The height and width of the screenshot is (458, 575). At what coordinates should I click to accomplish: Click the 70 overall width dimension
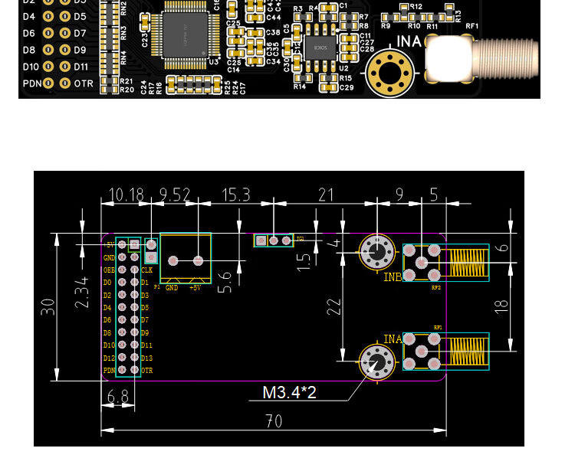click(x=274, y=421)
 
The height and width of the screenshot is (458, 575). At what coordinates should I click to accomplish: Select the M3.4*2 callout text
click(x=289, y=393)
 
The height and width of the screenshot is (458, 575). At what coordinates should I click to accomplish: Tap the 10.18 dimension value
click(x=127, y=195)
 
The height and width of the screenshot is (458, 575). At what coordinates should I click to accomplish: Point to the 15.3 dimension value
click(x=235, y=195)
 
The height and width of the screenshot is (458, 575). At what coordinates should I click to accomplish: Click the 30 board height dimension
click(x=48, y=307)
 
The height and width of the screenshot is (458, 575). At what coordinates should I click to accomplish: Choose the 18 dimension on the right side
click(x=501, y=304)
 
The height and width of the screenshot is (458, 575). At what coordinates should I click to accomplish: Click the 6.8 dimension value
click(x=118, y=397)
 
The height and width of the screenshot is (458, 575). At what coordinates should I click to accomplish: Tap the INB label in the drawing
click(x=393, y=277)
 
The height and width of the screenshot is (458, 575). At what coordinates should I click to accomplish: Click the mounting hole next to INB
click(x=376, y=251)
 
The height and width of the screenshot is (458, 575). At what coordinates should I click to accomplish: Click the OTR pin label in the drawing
click(x=147, y=371)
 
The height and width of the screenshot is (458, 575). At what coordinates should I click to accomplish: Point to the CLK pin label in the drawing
click(x=147, y=270)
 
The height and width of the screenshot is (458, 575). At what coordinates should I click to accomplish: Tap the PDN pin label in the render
click(x=31, y=83)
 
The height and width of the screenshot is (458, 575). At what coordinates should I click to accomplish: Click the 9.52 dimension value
click(x=175, y=195)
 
